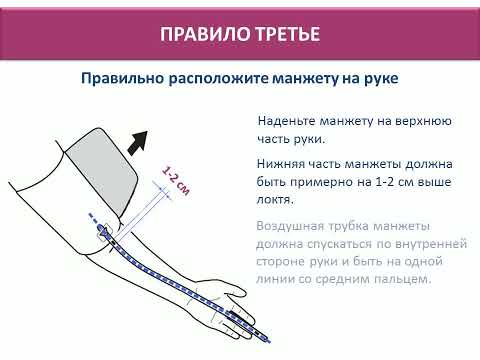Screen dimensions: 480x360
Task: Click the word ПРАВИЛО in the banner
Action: [x=205, y=34]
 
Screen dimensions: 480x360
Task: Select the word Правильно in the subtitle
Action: [x=123, y=79]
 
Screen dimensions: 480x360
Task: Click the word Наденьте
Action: [x=286, y=121]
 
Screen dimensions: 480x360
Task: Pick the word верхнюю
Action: [x=423, y=121]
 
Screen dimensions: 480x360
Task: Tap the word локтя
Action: [x=275, y=200]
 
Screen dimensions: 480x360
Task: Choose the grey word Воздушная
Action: [x=290, y=226]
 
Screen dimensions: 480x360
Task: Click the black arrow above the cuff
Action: [x=138, y=142]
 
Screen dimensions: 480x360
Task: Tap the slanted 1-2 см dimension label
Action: [x=176, y=180]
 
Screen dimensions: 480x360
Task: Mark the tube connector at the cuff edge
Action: [x=104, y=231]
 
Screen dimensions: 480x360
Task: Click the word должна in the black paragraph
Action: [x=428, y=164]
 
